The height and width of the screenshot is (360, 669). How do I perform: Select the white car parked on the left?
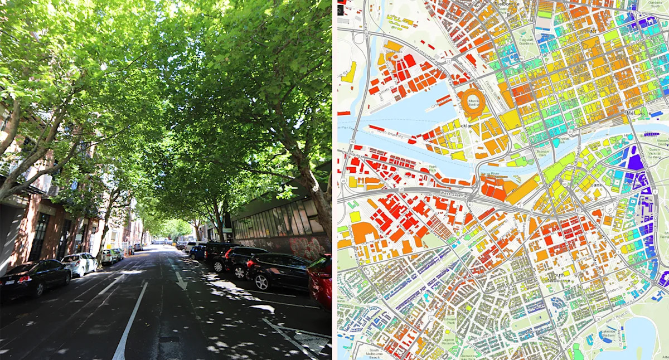click(x=80, y=264)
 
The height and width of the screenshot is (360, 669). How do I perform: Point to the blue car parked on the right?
click(x=197, y=252)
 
